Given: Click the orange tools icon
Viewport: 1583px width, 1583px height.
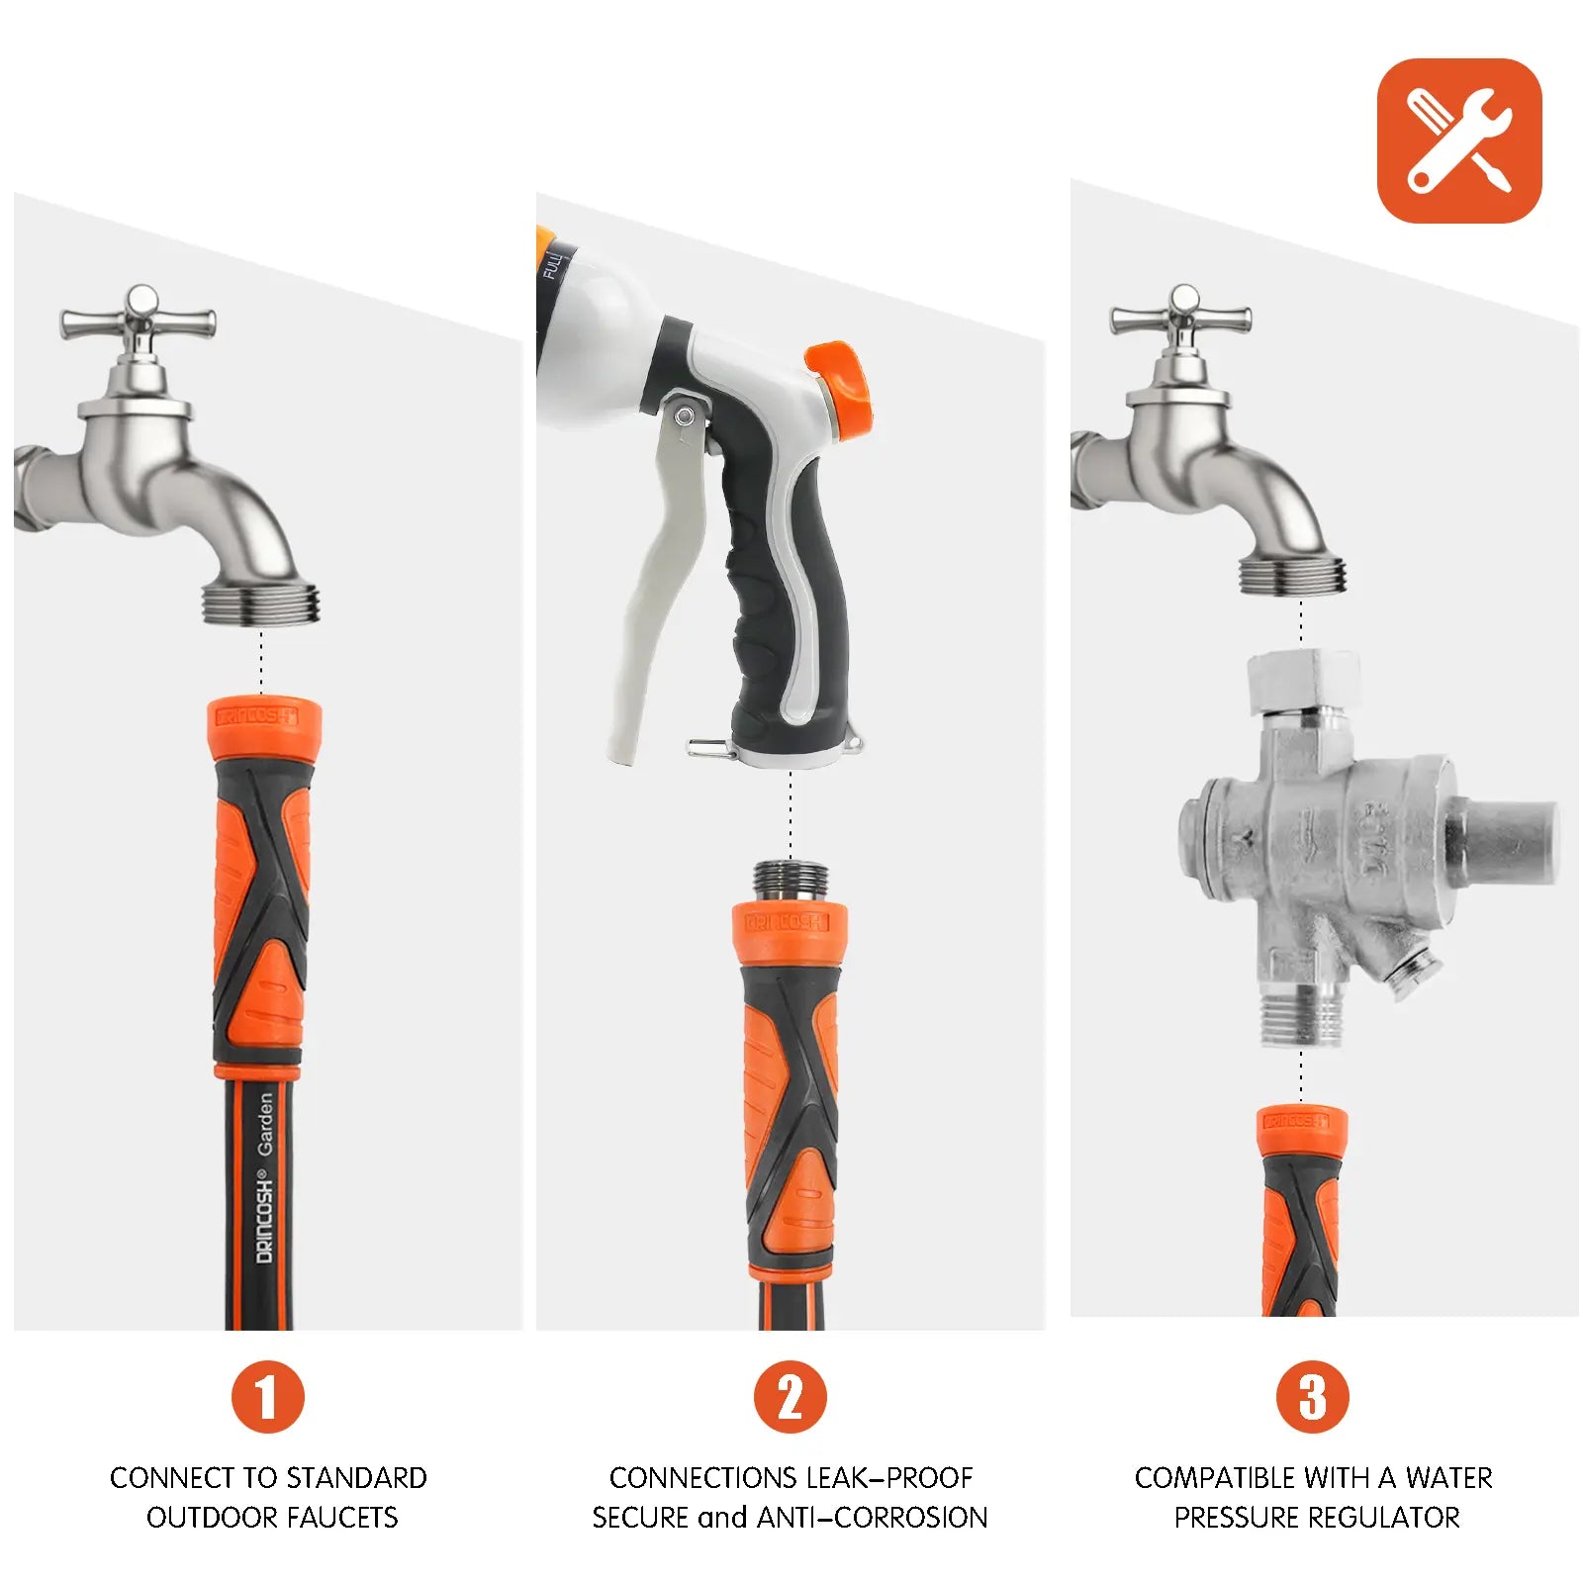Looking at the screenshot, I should [1458, 140].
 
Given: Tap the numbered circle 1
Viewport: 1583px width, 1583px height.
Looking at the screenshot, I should [267, 1396].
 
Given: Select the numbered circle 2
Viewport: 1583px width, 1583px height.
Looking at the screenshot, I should [790, 1396].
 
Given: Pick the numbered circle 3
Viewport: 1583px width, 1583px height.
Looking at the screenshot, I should [1312, 1396].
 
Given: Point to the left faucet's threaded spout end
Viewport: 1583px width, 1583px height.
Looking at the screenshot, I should [261, 603].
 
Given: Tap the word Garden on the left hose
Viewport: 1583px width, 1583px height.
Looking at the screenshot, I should [265, 1124].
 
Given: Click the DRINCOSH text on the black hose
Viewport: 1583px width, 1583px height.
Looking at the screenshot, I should [264, 1216].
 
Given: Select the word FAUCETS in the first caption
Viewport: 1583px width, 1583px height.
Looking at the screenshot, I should [340, 1518].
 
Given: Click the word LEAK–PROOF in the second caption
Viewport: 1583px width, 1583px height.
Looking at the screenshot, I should [889, 1478].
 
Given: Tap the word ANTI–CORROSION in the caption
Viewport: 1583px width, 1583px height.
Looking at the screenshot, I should [872, 1518].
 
